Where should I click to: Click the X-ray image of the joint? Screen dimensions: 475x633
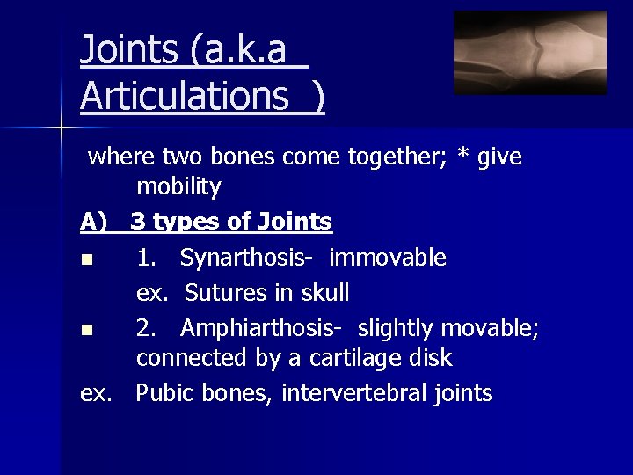coord(529,53)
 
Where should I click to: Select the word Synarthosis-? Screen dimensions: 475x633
coord(249,259)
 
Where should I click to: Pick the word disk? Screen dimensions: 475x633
coord(430,359)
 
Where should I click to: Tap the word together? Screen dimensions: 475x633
coord(404,157)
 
